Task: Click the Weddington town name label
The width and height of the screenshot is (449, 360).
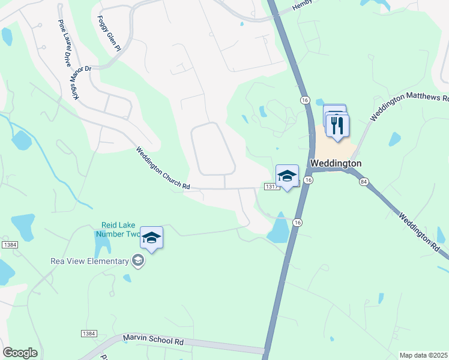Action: [x=336, y=163]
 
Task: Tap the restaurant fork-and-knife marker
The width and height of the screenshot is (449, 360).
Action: [x=337, y=125]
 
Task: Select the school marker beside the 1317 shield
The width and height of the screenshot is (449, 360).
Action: [x=287, y=175]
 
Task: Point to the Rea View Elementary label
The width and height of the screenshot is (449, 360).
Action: [x=89, y=261]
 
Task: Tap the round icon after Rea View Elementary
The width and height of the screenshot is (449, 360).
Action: [x=139, y=260]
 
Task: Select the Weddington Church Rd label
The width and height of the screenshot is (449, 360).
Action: [x=162, y=169]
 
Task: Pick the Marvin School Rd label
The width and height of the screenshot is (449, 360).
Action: [x=153, y=341]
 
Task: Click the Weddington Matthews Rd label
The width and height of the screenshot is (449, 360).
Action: [x=408, y=106]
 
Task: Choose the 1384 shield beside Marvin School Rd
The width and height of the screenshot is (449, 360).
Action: [x=88, y=333]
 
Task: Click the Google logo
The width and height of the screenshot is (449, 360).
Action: [x=20, y=353]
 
